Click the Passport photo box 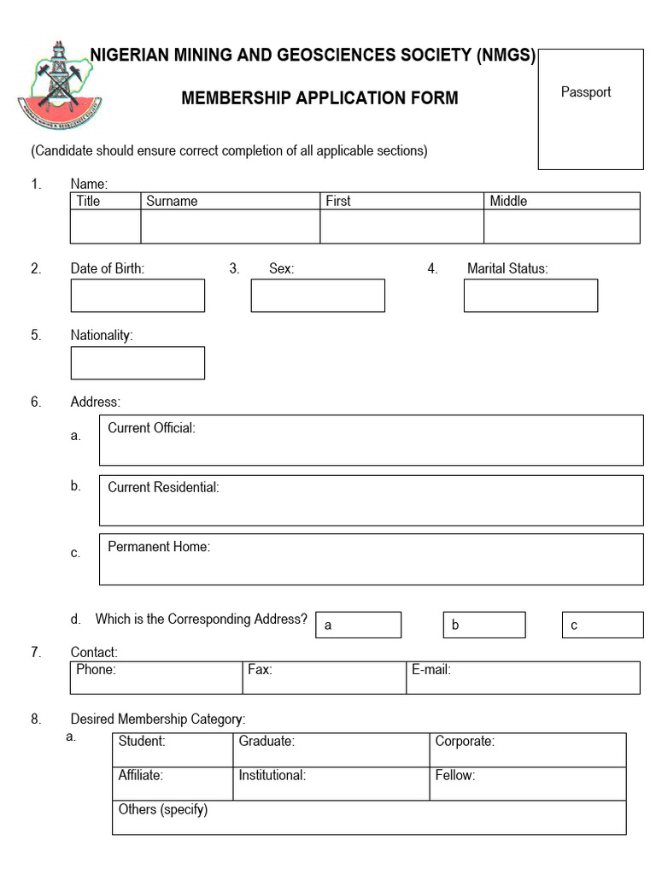click(x=590, y=109)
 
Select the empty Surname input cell click(x=231, y=226)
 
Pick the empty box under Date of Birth click(x=138, y=296)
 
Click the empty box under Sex click(x=318, y=296)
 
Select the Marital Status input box click(x=530, y=296)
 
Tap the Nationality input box click(x=138, y=362)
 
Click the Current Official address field click(x=371, y=440)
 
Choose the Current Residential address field click(x=371, y=500)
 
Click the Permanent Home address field click(x=371, y=560)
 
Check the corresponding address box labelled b click(x=484, y=625)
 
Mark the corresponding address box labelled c click(x=602, y=625)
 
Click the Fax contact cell click(x=325, y=678)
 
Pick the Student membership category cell click(x=173, y=749)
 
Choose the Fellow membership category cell click(x=527, y=784)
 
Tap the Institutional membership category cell click(x=331, y=784)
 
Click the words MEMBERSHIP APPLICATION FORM click(x=319, y=98)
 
